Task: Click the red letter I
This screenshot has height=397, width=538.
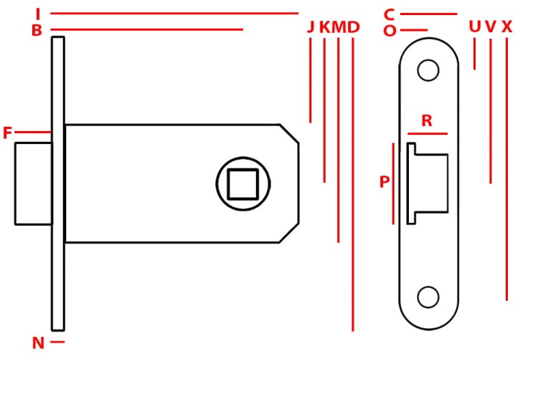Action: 38,14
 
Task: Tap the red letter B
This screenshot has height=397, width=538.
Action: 37,31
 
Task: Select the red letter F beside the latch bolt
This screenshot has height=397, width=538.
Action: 7,133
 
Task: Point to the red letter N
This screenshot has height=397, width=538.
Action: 38,343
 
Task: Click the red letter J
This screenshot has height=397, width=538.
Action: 311,27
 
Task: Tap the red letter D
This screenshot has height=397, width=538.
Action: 353,27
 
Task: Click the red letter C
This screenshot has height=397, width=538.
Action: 389,15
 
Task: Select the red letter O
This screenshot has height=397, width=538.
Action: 390,31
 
